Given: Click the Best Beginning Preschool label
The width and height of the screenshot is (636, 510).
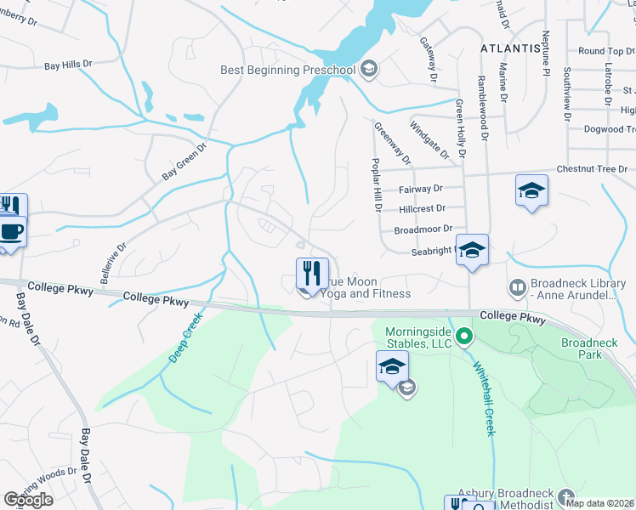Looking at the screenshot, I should (287, 69).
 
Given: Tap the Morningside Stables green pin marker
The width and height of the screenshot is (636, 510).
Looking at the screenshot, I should (463, 337).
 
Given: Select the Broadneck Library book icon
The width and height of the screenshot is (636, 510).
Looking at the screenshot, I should (517, 286).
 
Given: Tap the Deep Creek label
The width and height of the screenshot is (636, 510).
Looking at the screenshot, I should (185, 338).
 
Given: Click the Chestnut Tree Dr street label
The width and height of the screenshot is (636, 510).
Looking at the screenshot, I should (595, 169).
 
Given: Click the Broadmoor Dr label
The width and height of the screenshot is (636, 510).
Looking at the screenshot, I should (422, 229).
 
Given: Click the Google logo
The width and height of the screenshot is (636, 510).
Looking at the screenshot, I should (28, 500).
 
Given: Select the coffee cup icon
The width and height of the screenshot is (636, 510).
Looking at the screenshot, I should (11, 231).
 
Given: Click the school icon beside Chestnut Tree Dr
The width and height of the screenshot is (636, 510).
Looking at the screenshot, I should (531, 190).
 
